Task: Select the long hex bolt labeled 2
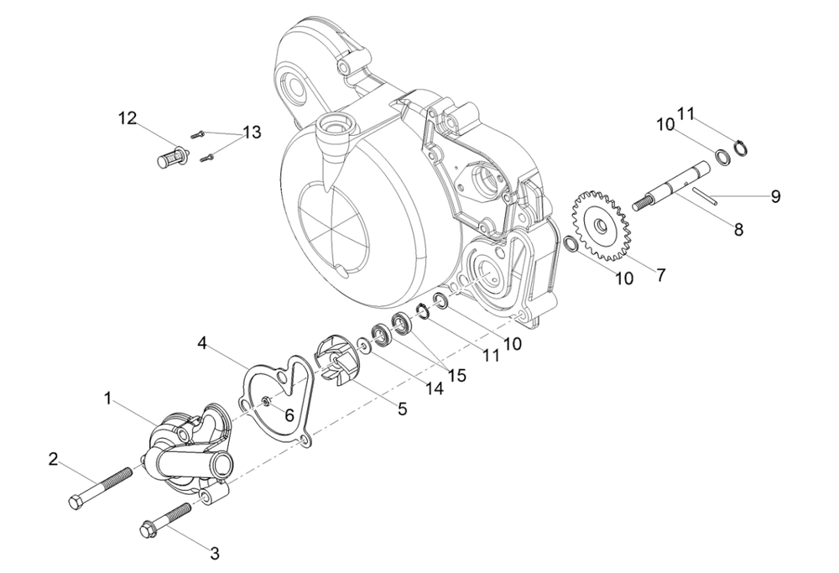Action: (101, 488)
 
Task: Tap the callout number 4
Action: (202, 342)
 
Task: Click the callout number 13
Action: (251, 132)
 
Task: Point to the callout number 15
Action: (456, 375)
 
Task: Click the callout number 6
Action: (287, 414)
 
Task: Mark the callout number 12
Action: (127, 119)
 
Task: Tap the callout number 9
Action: (776, 196)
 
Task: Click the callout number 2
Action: (53, 459)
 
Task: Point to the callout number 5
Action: (402, 409)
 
